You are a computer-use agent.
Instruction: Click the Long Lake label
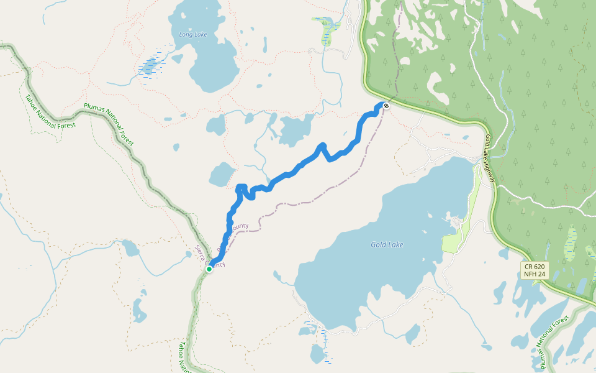(193, 35)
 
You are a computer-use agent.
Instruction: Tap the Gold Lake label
(387, 245)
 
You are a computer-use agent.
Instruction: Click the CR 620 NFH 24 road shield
(533, 270)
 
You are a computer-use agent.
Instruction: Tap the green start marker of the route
(210, 269)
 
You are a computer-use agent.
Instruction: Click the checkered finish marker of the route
(386, 106)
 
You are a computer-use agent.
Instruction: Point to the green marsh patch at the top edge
(326, 31)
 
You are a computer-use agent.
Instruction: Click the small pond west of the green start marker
(130, 248)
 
